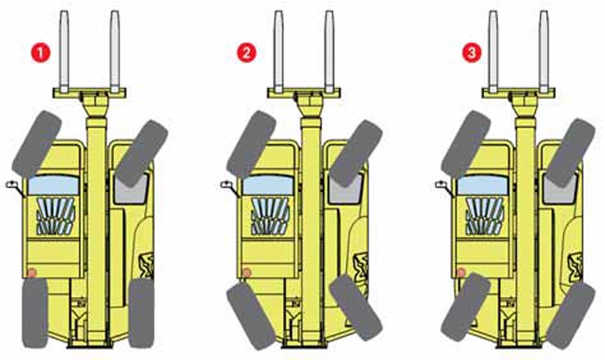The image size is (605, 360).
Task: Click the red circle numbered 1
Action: point(41,52)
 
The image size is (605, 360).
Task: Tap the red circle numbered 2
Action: point(247,52)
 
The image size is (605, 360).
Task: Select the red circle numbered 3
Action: point(472,52)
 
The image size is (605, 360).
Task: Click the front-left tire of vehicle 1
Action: point(37,144)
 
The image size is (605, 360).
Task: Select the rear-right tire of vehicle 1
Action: point(141,313)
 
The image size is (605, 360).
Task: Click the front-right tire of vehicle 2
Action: point(356,153)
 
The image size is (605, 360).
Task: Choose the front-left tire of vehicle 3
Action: point(466,144)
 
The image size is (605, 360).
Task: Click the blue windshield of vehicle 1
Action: point(54,185)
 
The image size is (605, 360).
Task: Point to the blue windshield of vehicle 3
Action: point(482,185)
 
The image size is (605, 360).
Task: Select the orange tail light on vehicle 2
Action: point(247,272)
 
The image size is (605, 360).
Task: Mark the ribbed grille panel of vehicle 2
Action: point(270,216)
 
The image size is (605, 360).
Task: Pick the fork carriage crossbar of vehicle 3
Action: point(518,92)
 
